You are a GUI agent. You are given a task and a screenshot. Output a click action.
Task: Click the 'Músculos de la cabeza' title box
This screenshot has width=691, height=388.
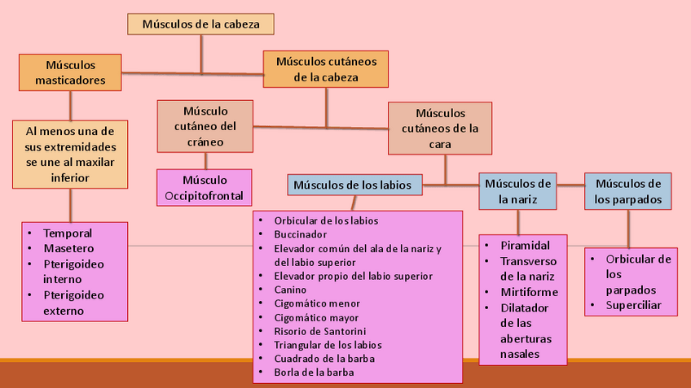pos(200,24)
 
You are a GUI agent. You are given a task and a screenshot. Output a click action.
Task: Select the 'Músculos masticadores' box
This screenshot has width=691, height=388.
pos(70,72)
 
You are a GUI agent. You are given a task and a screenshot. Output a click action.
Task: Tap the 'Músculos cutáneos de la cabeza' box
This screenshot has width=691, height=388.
pos(325,69)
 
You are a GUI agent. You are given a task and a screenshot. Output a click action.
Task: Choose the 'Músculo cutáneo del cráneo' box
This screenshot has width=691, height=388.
pos(205,126)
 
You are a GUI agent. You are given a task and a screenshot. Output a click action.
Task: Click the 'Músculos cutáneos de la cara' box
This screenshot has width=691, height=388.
pos(440,129)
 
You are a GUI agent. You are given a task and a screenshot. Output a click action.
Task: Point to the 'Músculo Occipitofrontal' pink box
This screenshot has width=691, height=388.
pos(205,188)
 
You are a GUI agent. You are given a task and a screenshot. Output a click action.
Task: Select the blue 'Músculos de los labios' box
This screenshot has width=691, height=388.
pos(355,185)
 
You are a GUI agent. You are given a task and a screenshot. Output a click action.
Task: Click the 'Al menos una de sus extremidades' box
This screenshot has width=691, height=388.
pos(70,155)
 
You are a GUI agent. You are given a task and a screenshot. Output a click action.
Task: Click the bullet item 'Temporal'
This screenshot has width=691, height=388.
pos(68,233)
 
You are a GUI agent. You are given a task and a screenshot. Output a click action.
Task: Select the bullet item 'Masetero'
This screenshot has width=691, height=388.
pos(68,248)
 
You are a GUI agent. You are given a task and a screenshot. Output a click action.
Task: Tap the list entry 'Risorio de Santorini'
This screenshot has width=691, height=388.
pos(319,331)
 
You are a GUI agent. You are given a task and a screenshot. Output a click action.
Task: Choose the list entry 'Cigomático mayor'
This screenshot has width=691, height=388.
pos(316,317)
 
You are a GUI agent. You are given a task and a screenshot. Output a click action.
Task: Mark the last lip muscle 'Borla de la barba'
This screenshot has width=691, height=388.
pos(314,373)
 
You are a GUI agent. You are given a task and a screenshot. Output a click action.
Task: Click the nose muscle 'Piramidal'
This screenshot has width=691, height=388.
pos(525,245)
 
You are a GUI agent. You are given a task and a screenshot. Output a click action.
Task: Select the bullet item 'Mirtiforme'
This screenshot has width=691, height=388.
pos(529,292)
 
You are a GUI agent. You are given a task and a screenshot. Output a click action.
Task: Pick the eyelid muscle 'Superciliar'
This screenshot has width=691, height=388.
pos(632,306)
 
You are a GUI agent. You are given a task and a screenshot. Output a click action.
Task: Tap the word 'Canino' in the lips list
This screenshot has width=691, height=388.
pos(290,290)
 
